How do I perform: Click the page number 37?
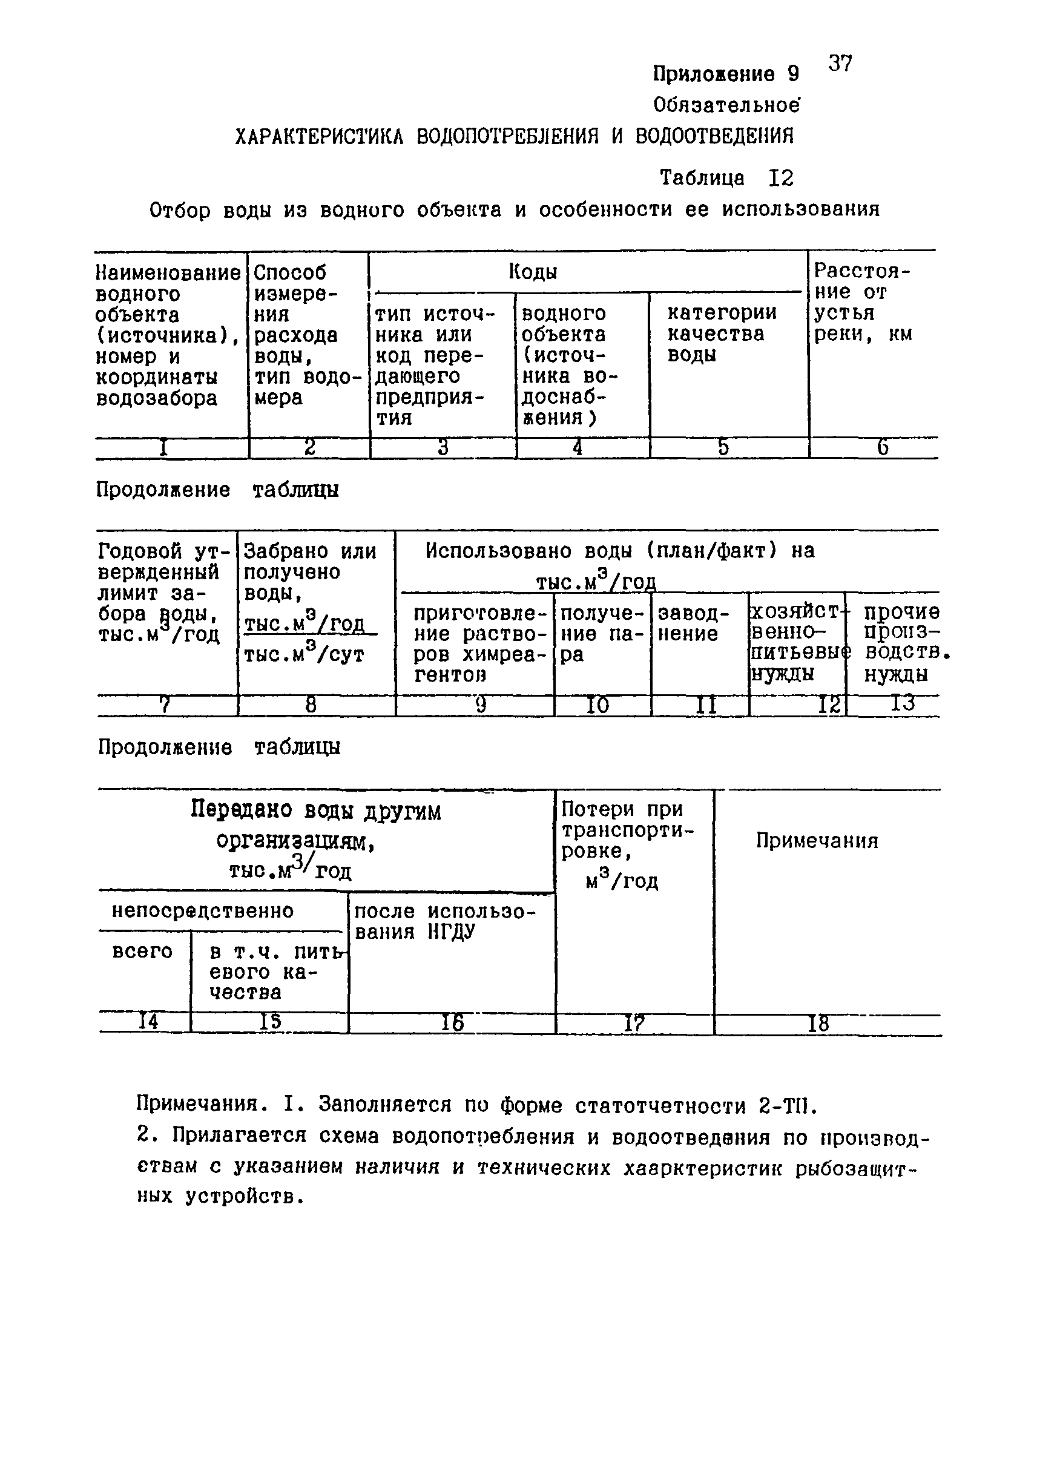pos(840,63)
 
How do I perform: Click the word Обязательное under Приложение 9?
pos(726,105)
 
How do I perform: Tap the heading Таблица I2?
pos(726,177)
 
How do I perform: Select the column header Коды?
pos(533,272)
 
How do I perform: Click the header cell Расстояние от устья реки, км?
pos(862,303)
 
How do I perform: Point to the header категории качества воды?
pos(722,334)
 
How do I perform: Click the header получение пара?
pos(602,634)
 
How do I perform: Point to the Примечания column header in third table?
pos(817,841)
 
